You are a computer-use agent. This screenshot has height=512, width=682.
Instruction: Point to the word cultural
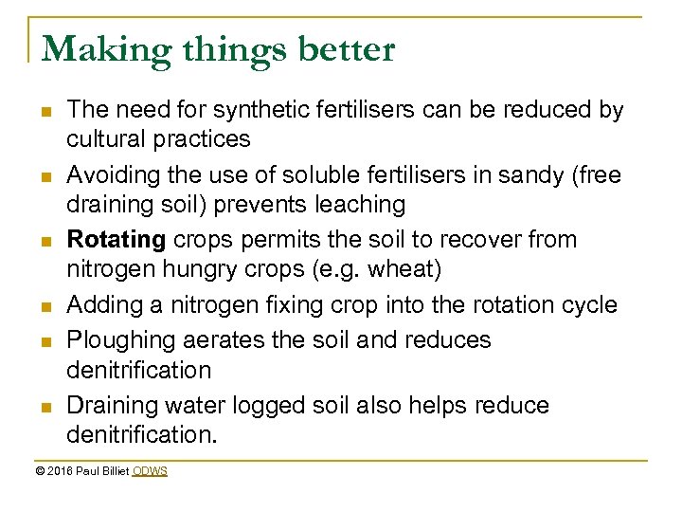point(106,139)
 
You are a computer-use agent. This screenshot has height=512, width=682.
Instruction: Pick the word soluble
point(315,175)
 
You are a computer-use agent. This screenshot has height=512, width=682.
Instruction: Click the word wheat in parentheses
point(404,269)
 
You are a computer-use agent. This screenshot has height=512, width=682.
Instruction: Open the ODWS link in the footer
point(150,471)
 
